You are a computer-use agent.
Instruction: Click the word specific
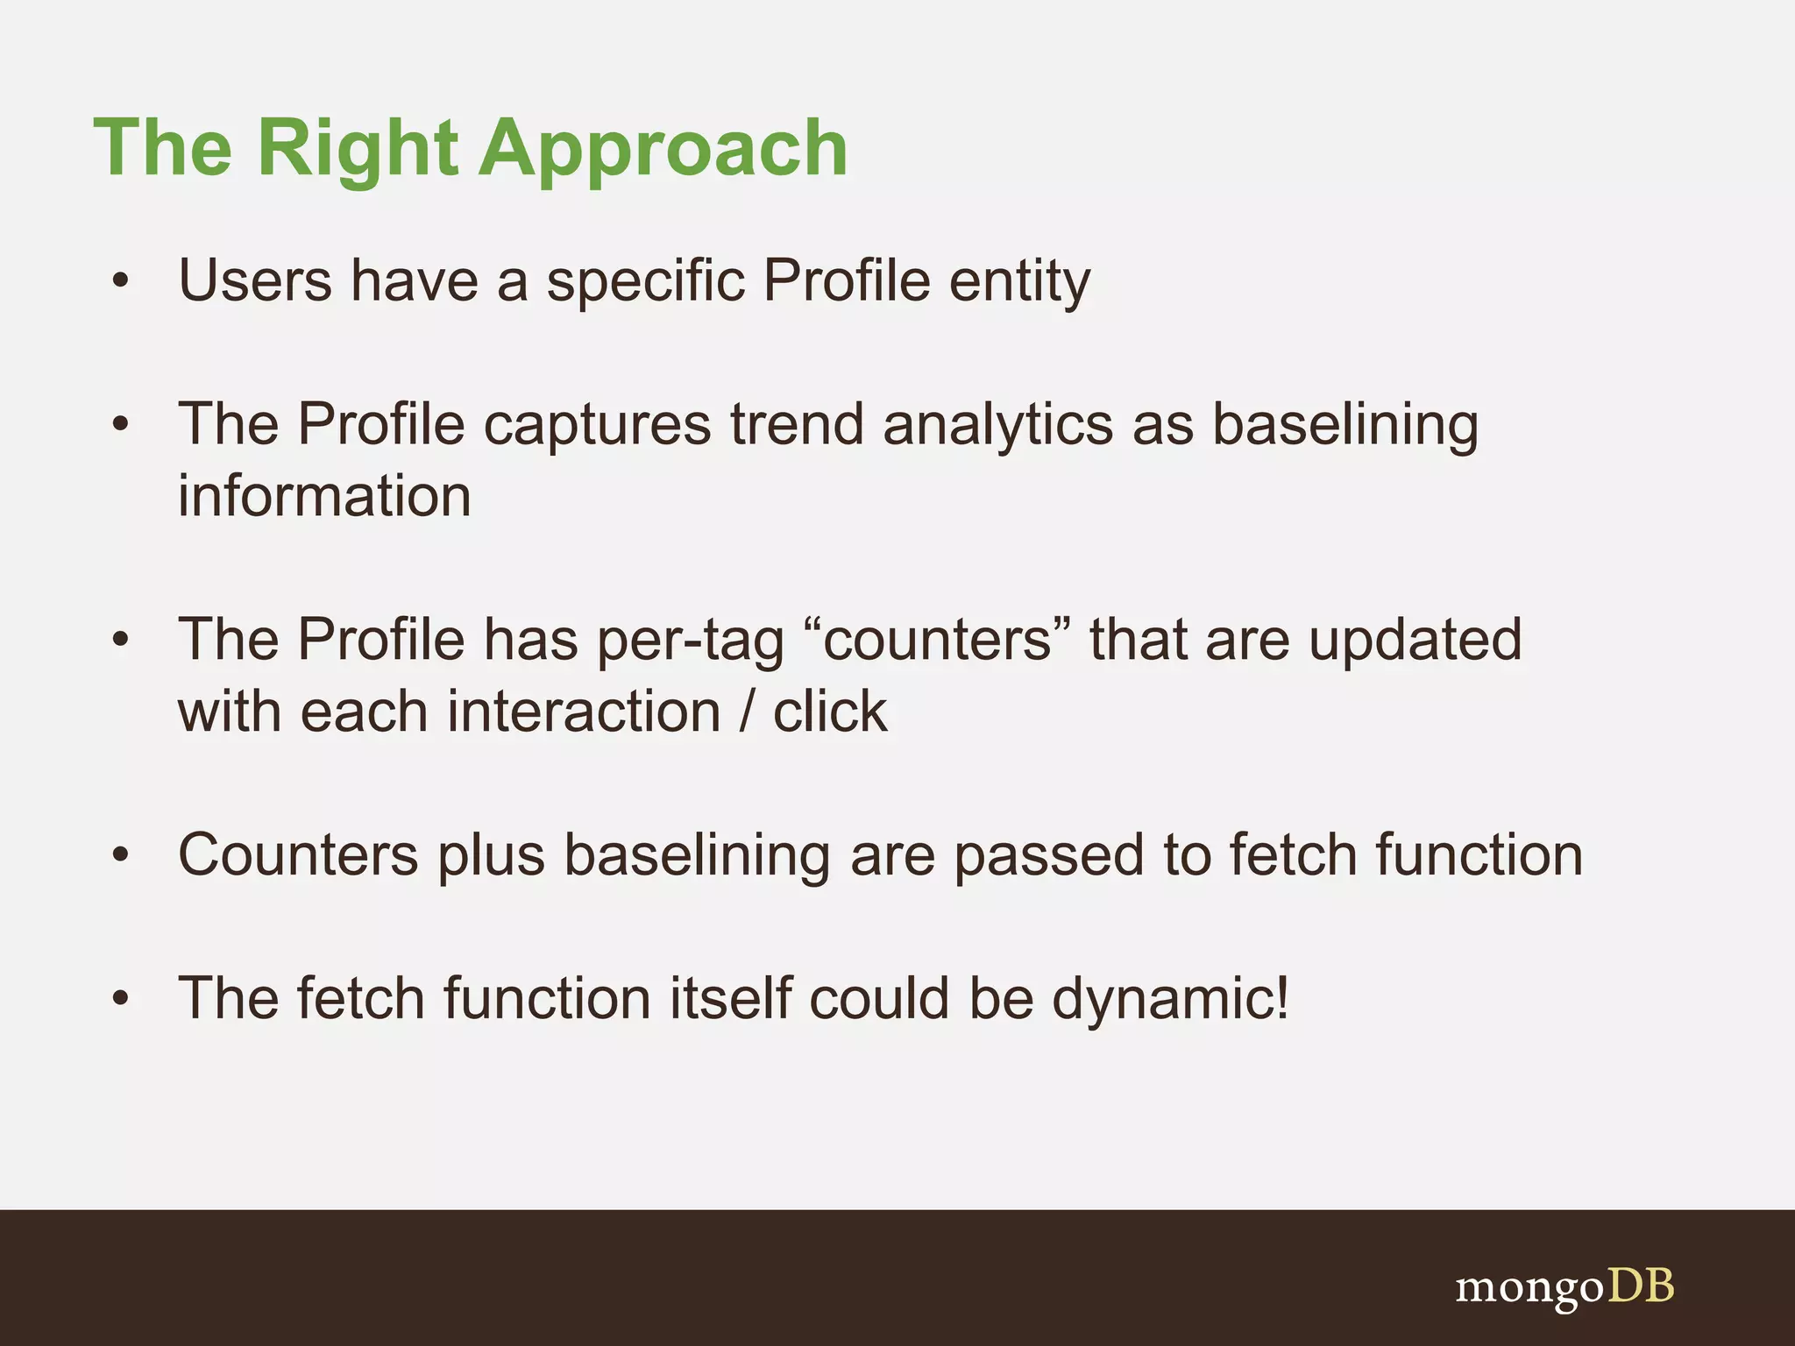(645, 282)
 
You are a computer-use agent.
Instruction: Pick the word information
(324, 497)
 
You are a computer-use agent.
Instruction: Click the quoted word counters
(936, 640)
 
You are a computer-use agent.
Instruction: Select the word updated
(1415, 640)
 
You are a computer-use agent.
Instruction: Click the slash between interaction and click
(747, 712)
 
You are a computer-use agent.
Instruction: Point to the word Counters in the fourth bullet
(298, 855)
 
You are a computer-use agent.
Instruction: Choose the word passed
(1048, 855)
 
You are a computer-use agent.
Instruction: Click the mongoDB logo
(1564, 1288)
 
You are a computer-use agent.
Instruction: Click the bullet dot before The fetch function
(121, 999)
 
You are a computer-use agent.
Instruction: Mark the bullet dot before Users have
(121, 282)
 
